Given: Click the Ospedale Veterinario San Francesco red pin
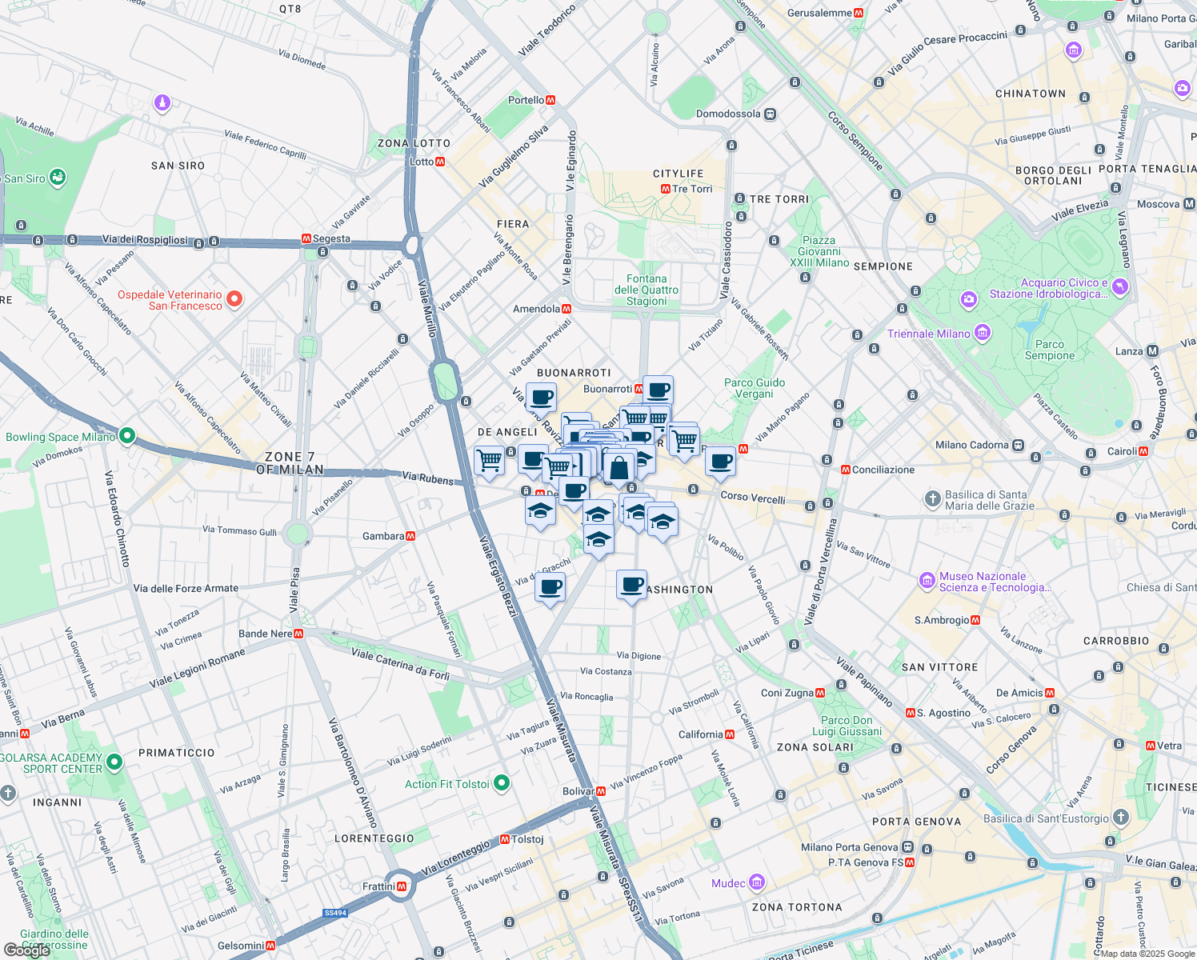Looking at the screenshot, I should tap(234, 299).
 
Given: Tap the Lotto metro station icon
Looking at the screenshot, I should tap(440, 162).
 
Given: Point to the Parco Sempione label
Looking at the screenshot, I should tap(1050, 350).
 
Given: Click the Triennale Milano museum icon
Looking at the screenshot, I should tap(983, 333).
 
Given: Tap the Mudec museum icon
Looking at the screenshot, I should tap(757, 883).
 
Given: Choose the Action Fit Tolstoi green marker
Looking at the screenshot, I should tap(502, 782).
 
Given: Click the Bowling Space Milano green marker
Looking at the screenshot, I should tap(126, 436).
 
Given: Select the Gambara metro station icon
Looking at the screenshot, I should tap(410, 536).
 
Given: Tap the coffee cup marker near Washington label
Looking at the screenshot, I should tap(631, 584).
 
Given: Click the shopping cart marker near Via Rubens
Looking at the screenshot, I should tap(489, 460).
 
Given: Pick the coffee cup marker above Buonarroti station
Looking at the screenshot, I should tap(658, 390).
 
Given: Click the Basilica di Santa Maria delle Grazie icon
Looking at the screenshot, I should tap(932, 499).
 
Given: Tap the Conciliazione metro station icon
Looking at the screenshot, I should tap(846, 470).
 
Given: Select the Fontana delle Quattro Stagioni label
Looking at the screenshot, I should tap(647, 290).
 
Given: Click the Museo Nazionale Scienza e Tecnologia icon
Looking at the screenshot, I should tap(927, 580).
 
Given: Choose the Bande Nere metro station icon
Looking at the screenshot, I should tap(298, 634).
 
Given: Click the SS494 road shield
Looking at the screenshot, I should tap(335, 913).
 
